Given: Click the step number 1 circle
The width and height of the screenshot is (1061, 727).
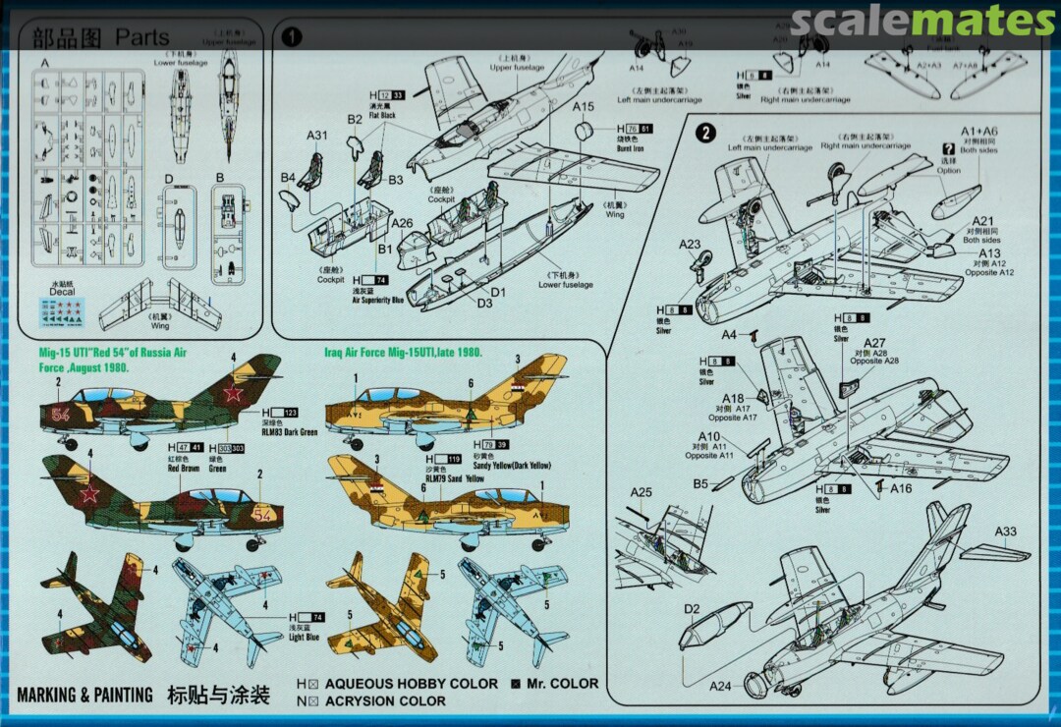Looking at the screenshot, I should pos(293,37).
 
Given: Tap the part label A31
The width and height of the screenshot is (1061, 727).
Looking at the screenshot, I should pos(317,136).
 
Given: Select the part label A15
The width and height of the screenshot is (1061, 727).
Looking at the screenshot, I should pos(584,106).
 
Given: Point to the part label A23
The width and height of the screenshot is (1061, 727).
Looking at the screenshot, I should pos(690,245).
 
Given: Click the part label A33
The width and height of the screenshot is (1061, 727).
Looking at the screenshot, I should pos(1005,531).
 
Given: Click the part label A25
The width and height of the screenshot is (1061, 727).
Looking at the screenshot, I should pos(641,492).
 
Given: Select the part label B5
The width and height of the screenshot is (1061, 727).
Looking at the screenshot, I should pos(700,483).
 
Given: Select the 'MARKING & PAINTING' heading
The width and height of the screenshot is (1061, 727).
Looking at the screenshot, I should pos(85,696).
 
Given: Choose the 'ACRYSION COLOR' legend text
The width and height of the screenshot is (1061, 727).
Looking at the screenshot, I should pos(385,700).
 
